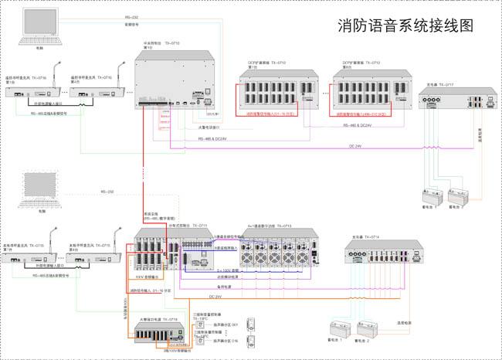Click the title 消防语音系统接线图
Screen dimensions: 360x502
coord(405,25)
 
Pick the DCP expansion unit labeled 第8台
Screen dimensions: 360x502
coord(367,92)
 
